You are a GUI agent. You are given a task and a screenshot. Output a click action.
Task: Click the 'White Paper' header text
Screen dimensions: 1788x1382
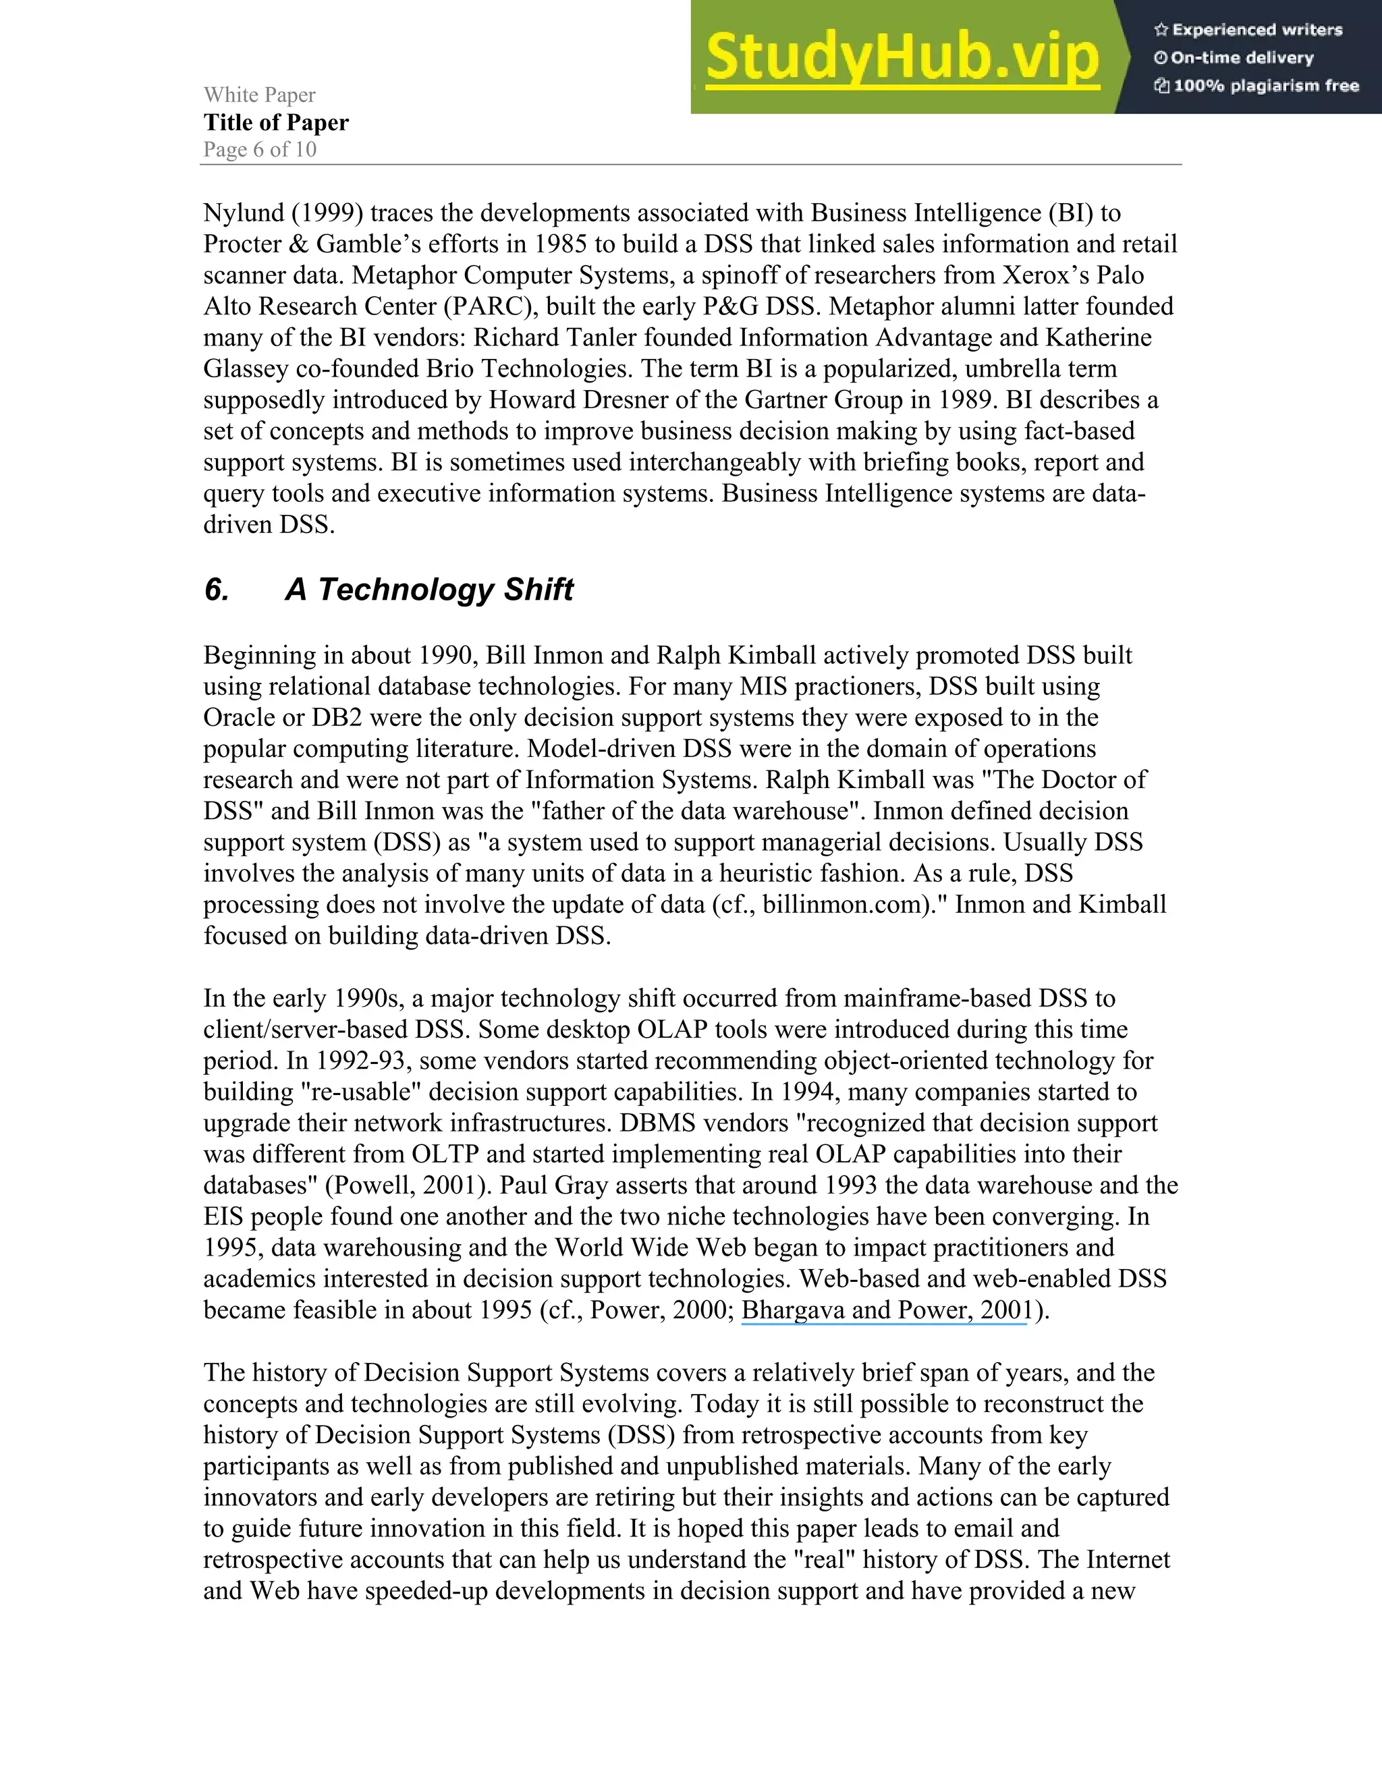(x=260, y=95)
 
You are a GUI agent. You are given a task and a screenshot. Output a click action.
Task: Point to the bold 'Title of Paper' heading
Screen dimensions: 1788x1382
(x=276, y=123)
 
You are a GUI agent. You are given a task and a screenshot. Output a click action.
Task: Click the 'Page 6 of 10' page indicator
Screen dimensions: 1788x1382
(x=260, y=150)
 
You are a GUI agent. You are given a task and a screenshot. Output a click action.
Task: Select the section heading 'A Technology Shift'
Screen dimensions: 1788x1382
(x=429, y=590)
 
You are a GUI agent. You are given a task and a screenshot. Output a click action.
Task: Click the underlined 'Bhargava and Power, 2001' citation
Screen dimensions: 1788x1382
(x=884, y=1310)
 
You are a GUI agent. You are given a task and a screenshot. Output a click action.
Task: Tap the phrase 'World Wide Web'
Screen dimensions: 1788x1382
(x=641, y=1248)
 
